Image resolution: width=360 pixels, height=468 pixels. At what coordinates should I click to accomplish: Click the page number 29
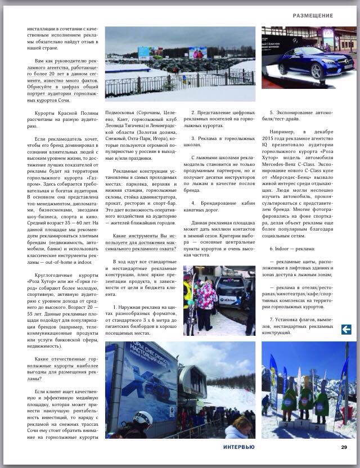[344, 447]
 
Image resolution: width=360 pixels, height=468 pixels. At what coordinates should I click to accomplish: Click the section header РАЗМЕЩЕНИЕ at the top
[313, 16]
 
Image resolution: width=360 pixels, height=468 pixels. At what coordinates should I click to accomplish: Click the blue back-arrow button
[346, 330]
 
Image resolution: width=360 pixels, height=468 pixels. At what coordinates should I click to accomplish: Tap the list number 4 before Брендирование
[193, 202]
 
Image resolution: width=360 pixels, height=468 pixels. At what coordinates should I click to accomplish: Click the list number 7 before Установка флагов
[272, 319]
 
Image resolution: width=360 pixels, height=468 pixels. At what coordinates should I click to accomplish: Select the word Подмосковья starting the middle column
[123, 112]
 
